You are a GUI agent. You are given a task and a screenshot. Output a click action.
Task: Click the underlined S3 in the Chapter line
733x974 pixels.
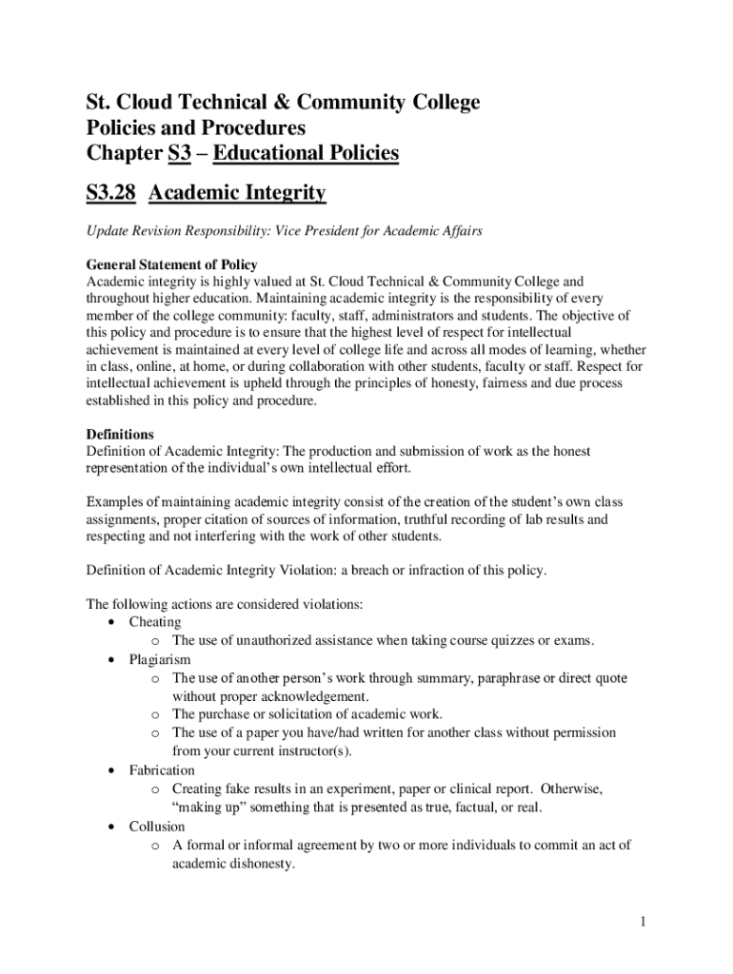(179, 153)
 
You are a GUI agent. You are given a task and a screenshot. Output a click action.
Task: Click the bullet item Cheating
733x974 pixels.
(155, 622)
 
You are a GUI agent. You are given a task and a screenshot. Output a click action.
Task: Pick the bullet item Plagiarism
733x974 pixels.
(160, 659)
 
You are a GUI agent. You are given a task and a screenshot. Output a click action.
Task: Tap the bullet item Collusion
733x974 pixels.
(157, 827)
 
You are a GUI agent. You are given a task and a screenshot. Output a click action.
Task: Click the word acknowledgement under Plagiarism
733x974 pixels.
(309, 696)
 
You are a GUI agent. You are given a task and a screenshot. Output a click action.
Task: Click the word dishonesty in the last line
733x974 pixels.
(261, 864)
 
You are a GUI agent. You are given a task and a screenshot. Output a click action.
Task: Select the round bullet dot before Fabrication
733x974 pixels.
(114, 770)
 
